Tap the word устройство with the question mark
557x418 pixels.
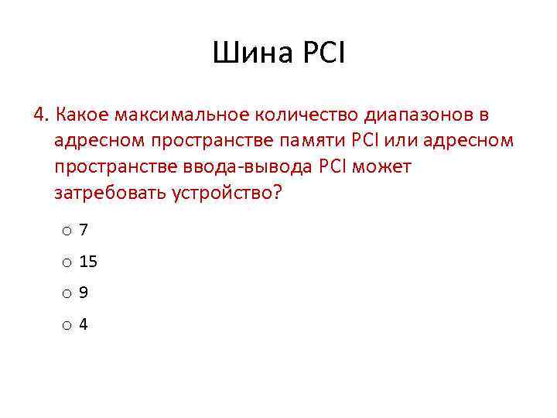[224, 193]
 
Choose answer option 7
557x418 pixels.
[84, 230]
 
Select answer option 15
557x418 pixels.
[88, 262]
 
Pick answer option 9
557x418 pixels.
[84, 293]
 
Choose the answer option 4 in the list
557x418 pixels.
[84, 324]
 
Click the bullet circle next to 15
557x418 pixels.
[68, 263]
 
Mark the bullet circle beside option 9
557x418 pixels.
[68, 294]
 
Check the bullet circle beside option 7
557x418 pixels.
[68, 231]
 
